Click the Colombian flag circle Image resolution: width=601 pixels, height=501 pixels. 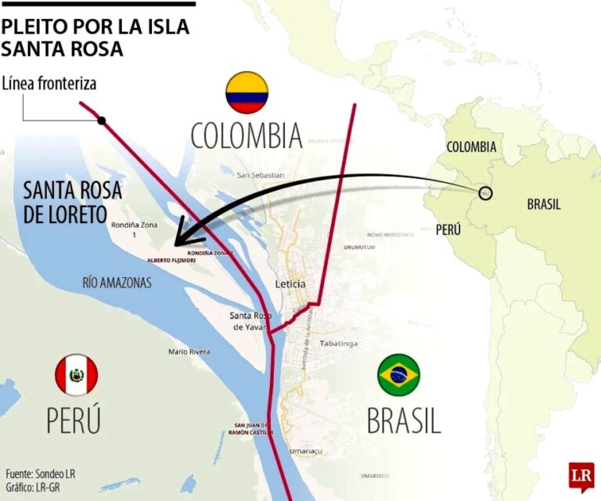point(247,92)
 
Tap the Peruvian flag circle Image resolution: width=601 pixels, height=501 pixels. point(76,375)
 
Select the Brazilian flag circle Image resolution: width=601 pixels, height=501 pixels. point(399,375)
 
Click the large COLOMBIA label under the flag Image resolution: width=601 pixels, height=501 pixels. point(247,135)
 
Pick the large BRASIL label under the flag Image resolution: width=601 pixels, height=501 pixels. point(404,420)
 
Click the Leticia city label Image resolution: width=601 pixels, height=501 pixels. point(290,284)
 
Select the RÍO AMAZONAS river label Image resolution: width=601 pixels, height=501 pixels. point(117,283)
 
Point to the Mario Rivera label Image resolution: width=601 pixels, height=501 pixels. point(189,352)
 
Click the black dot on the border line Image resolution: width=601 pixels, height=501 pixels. point(102,121)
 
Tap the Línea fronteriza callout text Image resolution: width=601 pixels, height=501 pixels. point(49,84)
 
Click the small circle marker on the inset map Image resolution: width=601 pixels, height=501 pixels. point(485,193)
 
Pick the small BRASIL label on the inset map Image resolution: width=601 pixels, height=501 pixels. point(543,204)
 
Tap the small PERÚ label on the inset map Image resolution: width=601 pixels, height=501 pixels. point(448,229)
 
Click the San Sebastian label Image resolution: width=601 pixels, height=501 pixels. point(261,175)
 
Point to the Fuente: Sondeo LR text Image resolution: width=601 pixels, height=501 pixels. point(41,474)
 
